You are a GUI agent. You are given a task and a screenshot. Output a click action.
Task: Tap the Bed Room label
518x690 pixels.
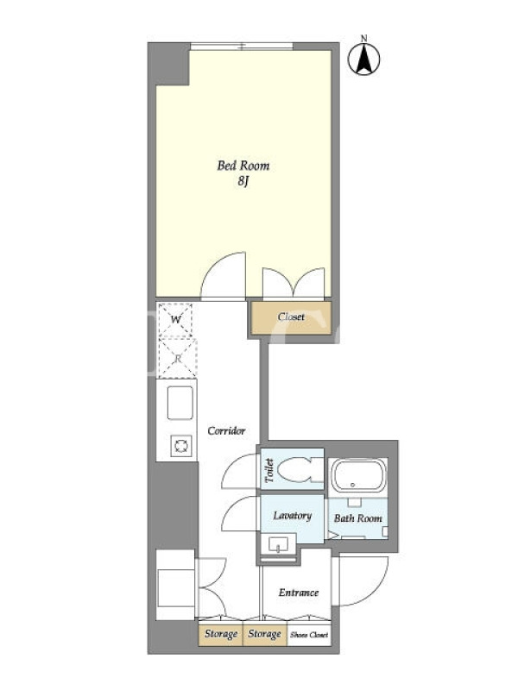point(243,166)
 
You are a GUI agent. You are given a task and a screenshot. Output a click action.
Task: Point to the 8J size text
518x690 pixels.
point(243,181)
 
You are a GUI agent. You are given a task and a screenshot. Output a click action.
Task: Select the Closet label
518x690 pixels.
point(291,317)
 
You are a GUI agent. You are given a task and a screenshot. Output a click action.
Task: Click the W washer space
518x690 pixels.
point(175,320)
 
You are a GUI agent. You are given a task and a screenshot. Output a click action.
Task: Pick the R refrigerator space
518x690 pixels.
point(177,359)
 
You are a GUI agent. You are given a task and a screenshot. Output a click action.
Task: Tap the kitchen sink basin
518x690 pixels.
point(180,403)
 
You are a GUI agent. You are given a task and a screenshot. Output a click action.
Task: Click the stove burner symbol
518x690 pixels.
point(181,446)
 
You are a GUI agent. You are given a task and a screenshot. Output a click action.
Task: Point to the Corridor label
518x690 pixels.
point(226,430)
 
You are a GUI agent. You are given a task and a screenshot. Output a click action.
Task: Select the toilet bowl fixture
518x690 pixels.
point(298,470)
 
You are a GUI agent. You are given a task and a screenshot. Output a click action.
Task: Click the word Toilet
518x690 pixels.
point(269,470)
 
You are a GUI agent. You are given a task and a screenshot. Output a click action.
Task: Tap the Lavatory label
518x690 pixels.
point(292,516)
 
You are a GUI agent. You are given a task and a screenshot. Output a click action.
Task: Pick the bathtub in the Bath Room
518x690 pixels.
point(358,476)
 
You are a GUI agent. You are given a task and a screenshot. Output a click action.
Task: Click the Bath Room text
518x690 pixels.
point(357,518)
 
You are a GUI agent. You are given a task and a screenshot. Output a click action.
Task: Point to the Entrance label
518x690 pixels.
point(298,593)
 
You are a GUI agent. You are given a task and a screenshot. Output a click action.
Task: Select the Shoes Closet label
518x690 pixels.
point(309,635)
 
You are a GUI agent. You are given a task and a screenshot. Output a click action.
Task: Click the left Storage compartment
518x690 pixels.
point(221,635)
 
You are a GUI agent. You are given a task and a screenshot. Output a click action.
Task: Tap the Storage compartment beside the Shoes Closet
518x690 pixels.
point(265,635)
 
